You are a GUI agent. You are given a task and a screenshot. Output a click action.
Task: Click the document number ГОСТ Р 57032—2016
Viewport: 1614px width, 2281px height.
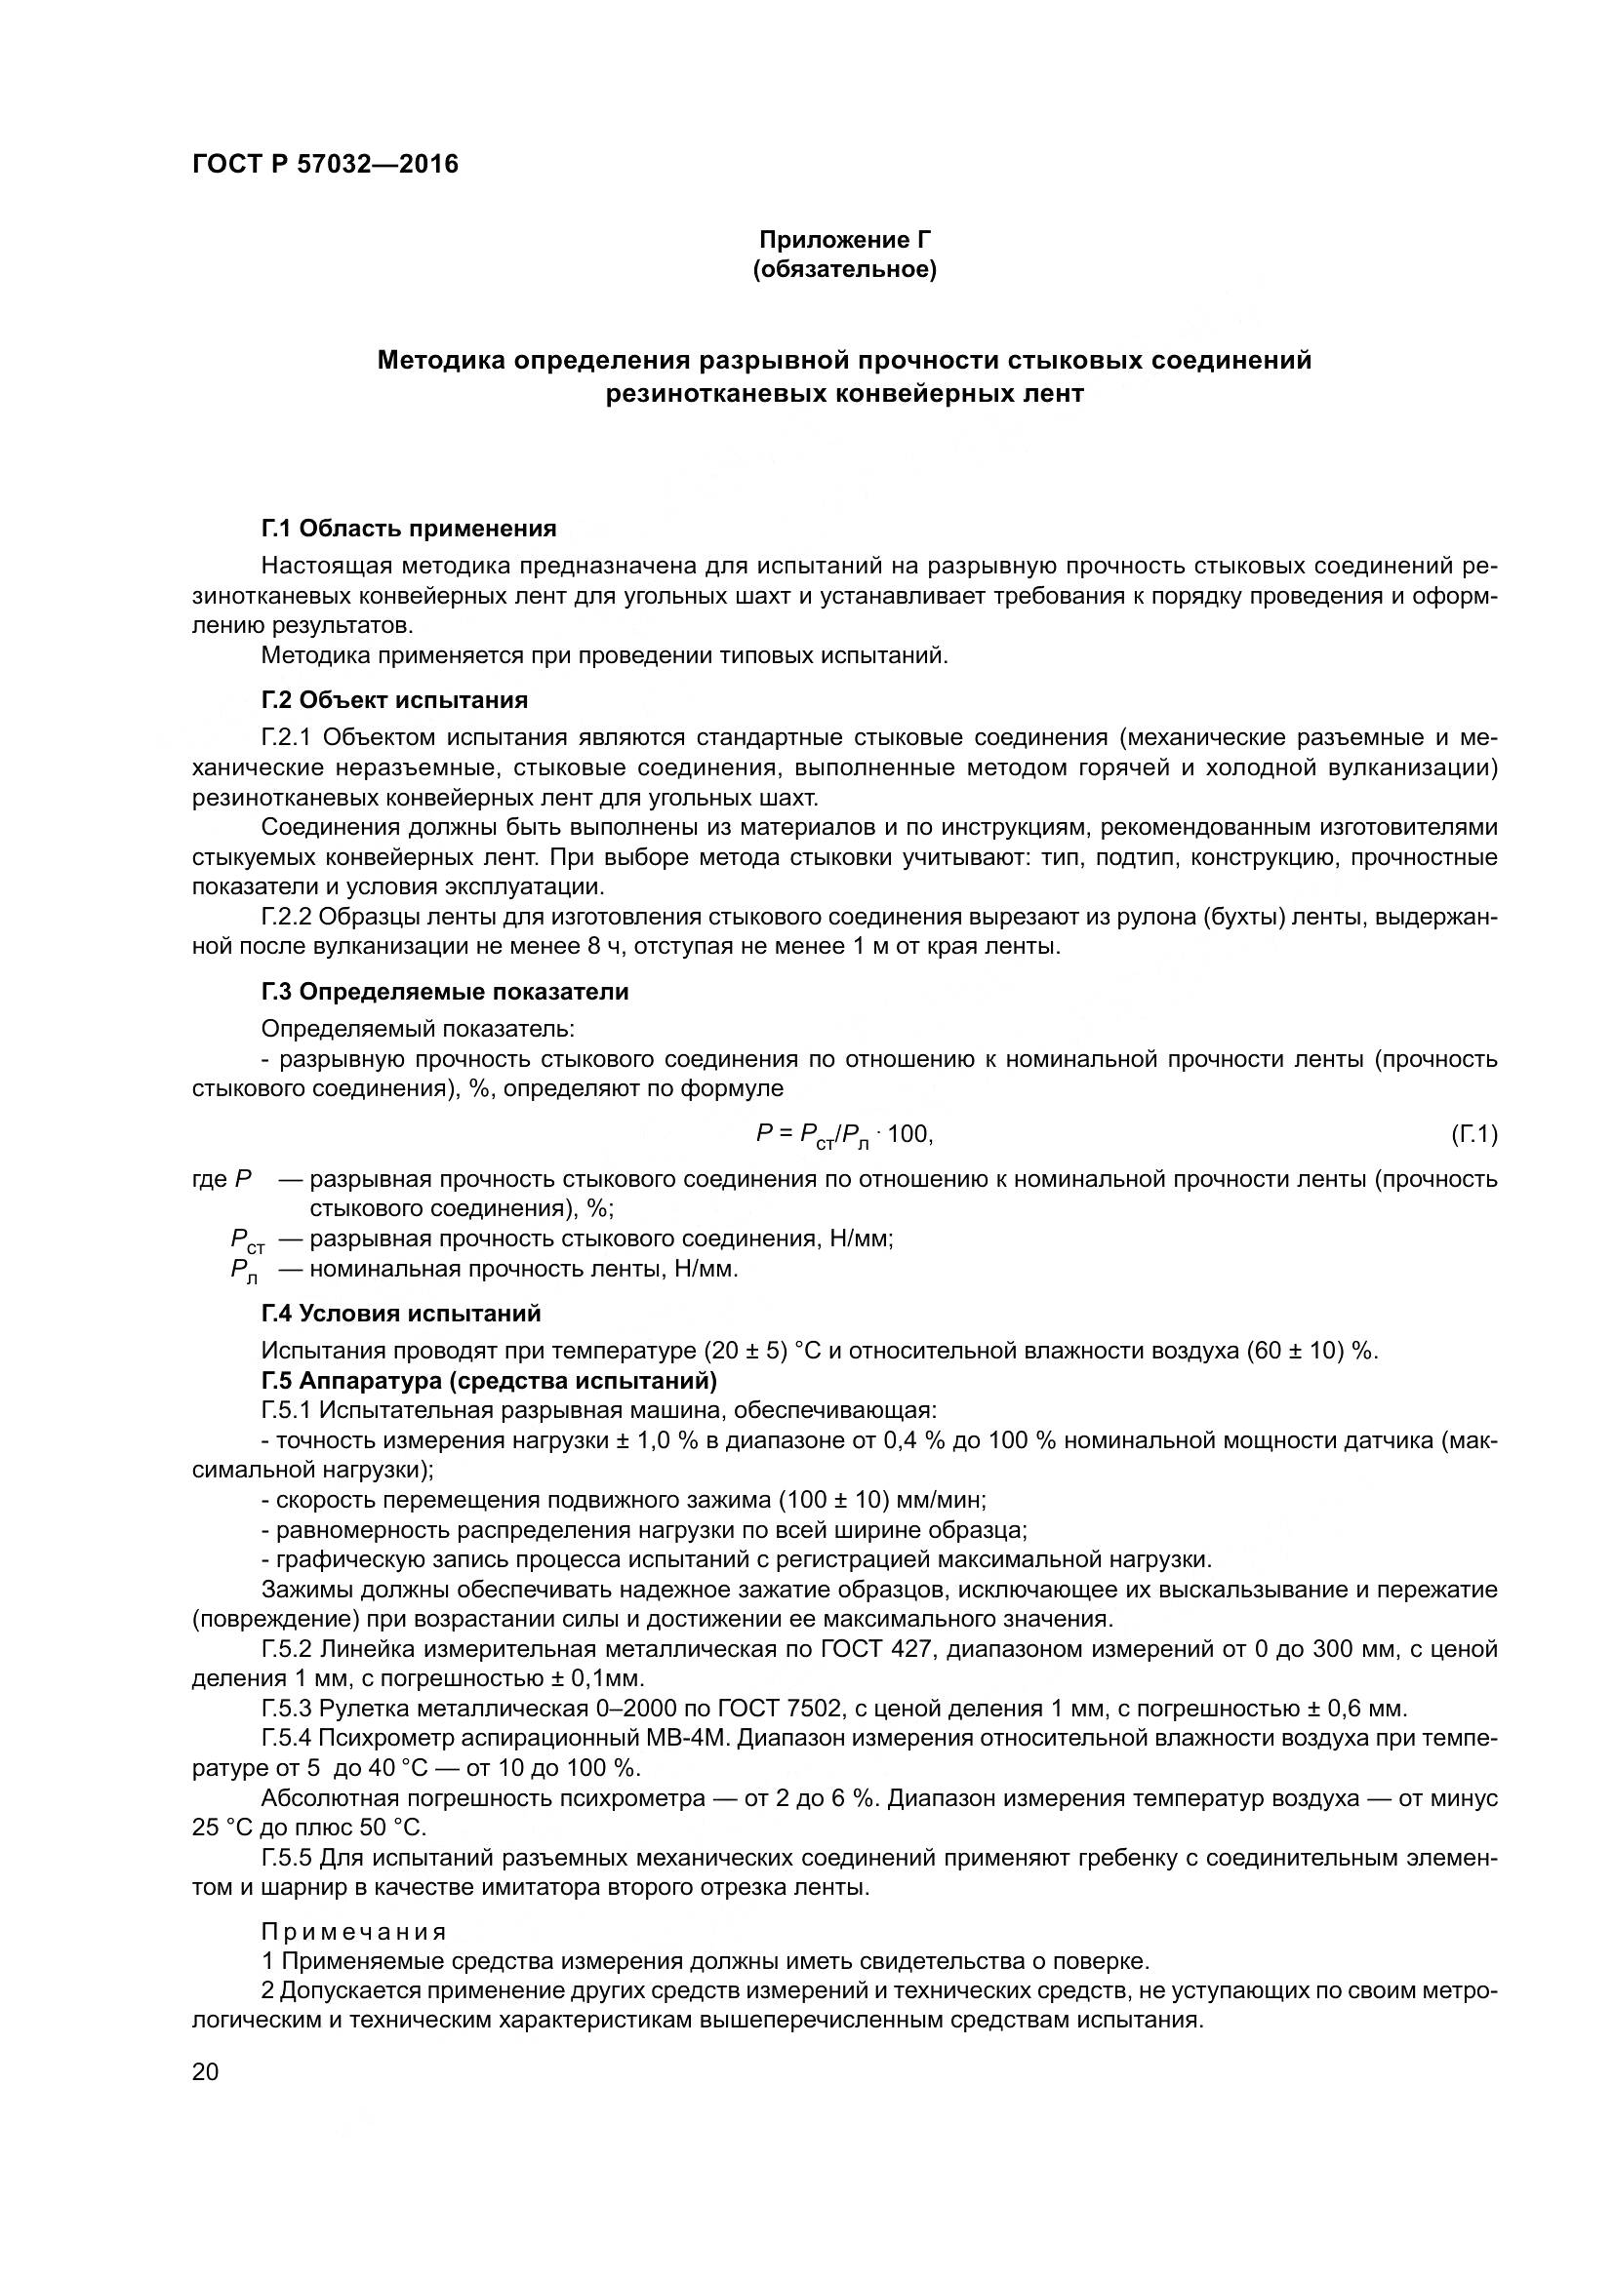pos(325,164)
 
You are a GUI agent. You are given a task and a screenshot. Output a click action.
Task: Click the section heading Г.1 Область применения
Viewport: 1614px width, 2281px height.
pos(409,528)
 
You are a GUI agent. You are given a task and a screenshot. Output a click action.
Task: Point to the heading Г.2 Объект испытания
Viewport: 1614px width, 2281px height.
pos(394,699)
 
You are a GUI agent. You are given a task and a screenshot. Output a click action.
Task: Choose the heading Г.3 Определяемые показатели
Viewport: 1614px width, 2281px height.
pos(444,991)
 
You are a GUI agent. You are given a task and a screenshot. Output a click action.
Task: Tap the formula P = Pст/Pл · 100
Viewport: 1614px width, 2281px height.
pos(844,1134)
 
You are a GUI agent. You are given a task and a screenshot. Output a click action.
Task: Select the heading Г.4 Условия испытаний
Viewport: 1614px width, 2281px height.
pos(400,1314)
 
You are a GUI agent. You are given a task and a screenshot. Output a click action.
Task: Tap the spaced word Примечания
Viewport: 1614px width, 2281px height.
pos(354,1931)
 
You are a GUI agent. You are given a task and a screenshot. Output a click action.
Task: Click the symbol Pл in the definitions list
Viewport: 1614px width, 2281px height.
pos(245,1271)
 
